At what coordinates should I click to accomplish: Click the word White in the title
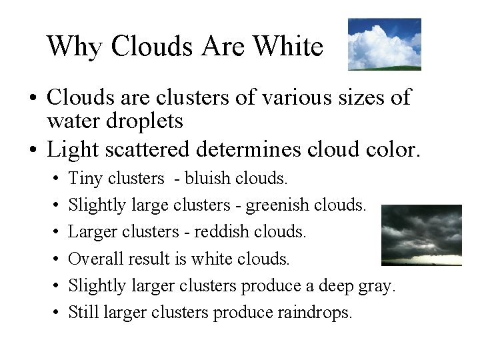tap(289, 47)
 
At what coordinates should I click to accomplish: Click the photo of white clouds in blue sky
tap(384, 44)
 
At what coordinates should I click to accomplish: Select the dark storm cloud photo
tap(421, 235)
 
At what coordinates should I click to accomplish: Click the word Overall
tap(93, 259)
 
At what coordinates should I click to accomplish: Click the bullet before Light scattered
tap(32, 150)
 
